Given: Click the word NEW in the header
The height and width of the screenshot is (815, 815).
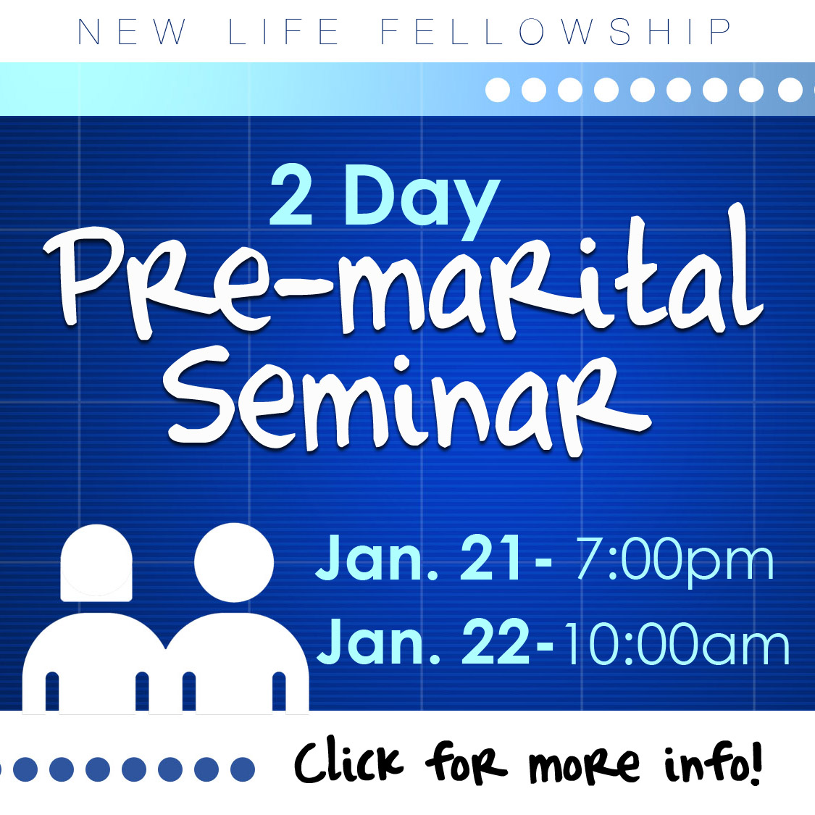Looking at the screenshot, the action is [132, 32].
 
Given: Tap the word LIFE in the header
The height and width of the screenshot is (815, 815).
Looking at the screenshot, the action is [284, 32].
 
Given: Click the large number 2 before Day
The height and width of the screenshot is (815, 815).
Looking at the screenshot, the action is [291, 196].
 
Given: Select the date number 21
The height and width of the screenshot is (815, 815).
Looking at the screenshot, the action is [490, 558].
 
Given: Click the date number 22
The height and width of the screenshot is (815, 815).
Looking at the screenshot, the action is [496, 641].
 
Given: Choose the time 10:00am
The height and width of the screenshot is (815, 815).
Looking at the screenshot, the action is [676, 643].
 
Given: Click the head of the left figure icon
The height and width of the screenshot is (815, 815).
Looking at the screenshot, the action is [96, 562].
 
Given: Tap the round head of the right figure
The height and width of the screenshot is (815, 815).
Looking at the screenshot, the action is [234, 562].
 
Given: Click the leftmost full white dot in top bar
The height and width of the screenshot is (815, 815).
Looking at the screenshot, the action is [498, 90].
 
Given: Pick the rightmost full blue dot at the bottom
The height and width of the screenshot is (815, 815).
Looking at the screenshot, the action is [242, 769].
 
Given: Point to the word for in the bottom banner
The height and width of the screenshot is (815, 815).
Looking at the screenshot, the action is [466, 762].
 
